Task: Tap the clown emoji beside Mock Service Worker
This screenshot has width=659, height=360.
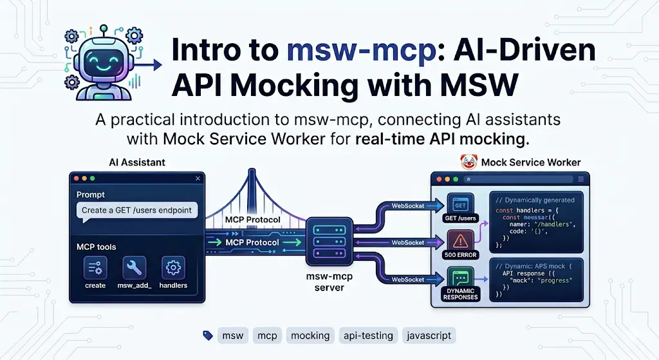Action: (468, 162)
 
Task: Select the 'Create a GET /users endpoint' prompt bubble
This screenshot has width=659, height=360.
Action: (136, 210)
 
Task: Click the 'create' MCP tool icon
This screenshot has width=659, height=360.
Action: (95, 267)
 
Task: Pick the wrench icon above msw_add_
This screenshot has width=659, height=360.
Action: (134, 267)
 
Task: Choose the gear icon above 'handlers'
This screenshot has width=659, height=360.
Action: (172, 267)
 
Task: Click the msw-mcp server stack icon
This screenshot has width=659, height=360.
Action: (329, 238)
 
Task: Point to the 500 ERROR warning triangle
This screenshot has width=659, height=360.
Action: (460, 241)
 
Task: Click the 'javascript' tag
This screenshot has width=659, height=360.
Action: (429, 336)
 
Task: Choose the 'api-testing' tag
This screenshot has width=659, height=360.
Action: (367, 336)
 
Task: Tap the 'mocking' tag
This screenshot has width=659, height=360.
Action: (310, 336)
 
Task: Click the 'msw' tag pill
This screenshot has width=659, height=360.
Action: (232, 336)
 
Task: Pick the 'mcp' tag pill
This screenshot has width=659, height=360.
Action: (267, 336)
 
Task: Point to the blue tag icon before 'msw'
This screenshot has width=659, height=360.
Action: (208, 336)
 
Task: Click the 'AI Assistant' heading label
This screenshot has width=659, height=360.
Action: (137, 163)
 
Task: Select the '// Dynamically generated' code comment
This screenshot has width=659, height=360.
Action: (535, 200)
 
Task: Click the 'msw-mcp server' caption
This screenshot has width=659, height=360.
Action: (329, 281)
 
